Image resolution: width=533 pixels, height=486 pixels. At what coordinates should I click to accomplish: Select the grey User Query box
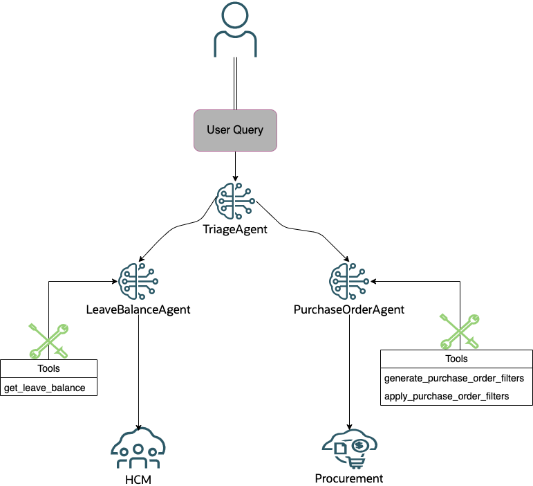[x=235, y=129]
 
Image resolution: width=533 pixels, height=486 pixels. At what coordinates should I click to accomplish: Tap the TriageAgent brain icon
[x=235, y=201]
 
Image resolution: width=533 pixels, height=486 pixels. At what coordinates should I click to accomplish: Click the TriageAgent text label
[x=235, y=229]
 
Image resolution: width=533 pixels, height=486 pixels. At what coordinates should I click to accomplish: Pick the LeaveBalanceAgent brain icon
[x=138, y=280]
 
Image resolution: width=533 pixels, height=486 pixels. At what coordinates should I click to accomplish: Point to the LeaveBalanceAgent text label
[x=138, y=309]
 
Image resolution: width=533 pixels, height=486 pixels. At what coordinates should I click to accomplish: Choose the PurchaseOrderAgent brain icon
[x=349, y=280]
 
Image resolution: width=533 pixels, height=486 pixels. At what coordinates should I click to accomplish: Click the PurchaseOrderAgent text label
[x=349, y=309]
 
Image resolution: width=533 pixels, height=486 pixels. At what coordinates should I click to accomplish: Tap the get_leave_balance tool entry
[x=46, y=387]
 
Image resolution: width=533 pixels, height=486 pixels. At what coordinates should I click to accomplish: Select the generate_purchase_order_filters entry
[x=453, y=379]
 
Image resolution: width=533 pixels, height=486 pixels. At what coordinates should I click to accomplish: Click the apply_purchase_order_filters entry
[x=446, y=396]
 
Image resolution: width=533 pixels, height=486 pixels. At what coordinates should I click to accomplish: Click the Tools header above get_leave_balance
[x=48, y=368]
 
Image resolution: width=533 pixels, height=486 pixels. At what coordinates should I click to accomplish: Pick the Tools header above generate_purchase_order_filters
[x=456, y=359]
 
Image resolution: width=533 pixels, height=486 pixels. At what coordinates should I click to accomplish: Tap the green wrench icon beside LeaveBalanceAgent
[x=48, y=340]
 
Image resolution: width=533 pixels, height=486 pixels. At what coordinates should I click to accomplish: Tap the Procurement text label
[x=349, y=478]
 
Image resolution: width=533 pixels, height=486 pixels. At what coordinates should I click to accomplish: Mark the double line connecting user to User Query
[x=236, y=83]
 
